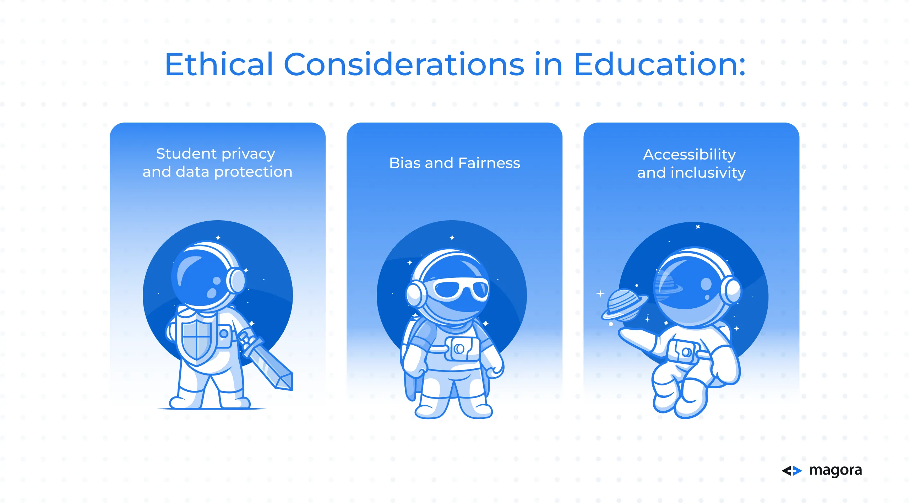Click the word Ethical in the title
click(x=219, y=64)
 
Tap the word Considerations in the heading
click(x=404, y=64)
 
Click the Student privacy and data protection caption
click(x=217, y=163)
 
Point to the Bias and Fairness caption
click(x=454, y=163)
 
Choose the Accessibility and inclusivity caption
click(x=691, y=163)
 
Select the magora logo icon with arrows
click(x=792, y=471)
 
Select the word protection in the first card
click(x=253, y=172)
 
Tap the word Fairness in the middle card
click(x=489, y=163)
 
